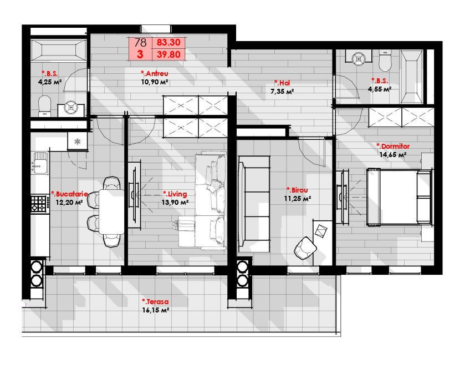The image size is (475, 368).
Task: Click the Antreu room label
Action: (x=155, y=73)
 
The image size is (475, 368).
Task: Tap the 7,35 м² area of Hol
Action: (x=282, y=92)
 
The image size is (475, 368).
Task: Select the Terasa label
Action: (x=155, y=302)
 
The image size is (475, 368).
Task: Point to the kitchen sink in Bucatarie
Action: (x=40, y=163)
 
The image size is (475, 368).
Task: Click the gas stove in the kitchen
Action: (x=39, y=204)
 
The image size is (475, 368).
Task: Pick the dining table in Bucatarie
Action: (x=111, y=211)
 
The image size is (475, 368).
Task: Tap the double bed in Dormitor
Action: (x=399, y=197)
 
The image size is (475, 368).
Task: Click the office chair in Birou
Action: (x=305, y=248)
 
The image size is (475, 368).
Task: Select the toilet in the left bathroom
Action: (x=44, y=105)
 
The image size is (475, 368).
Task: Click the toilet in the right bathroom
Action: (x=385, y=61)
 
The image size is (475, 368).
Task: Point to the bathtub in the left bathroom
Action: (x=59, y=50)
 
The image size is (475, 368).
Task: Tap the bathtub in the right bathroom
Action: (x=412, y=77)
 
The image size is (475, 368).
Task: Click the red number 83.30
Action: (x=168, y=42)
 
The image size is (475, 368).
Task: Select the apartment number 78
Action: (x=140, y=42)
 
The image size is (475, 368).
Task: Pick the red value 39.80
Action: (x=168, y=54)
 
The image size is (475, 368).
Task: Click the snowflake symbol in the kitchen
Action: (x=78, y=141)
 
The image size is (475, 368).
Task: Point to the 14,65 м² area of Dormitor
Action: (x=393, y=155)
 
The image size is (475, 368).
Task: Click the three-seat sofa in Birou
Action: (x=254, y=204)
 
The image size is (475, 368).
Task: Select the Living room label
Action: (x=175, y=194)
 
